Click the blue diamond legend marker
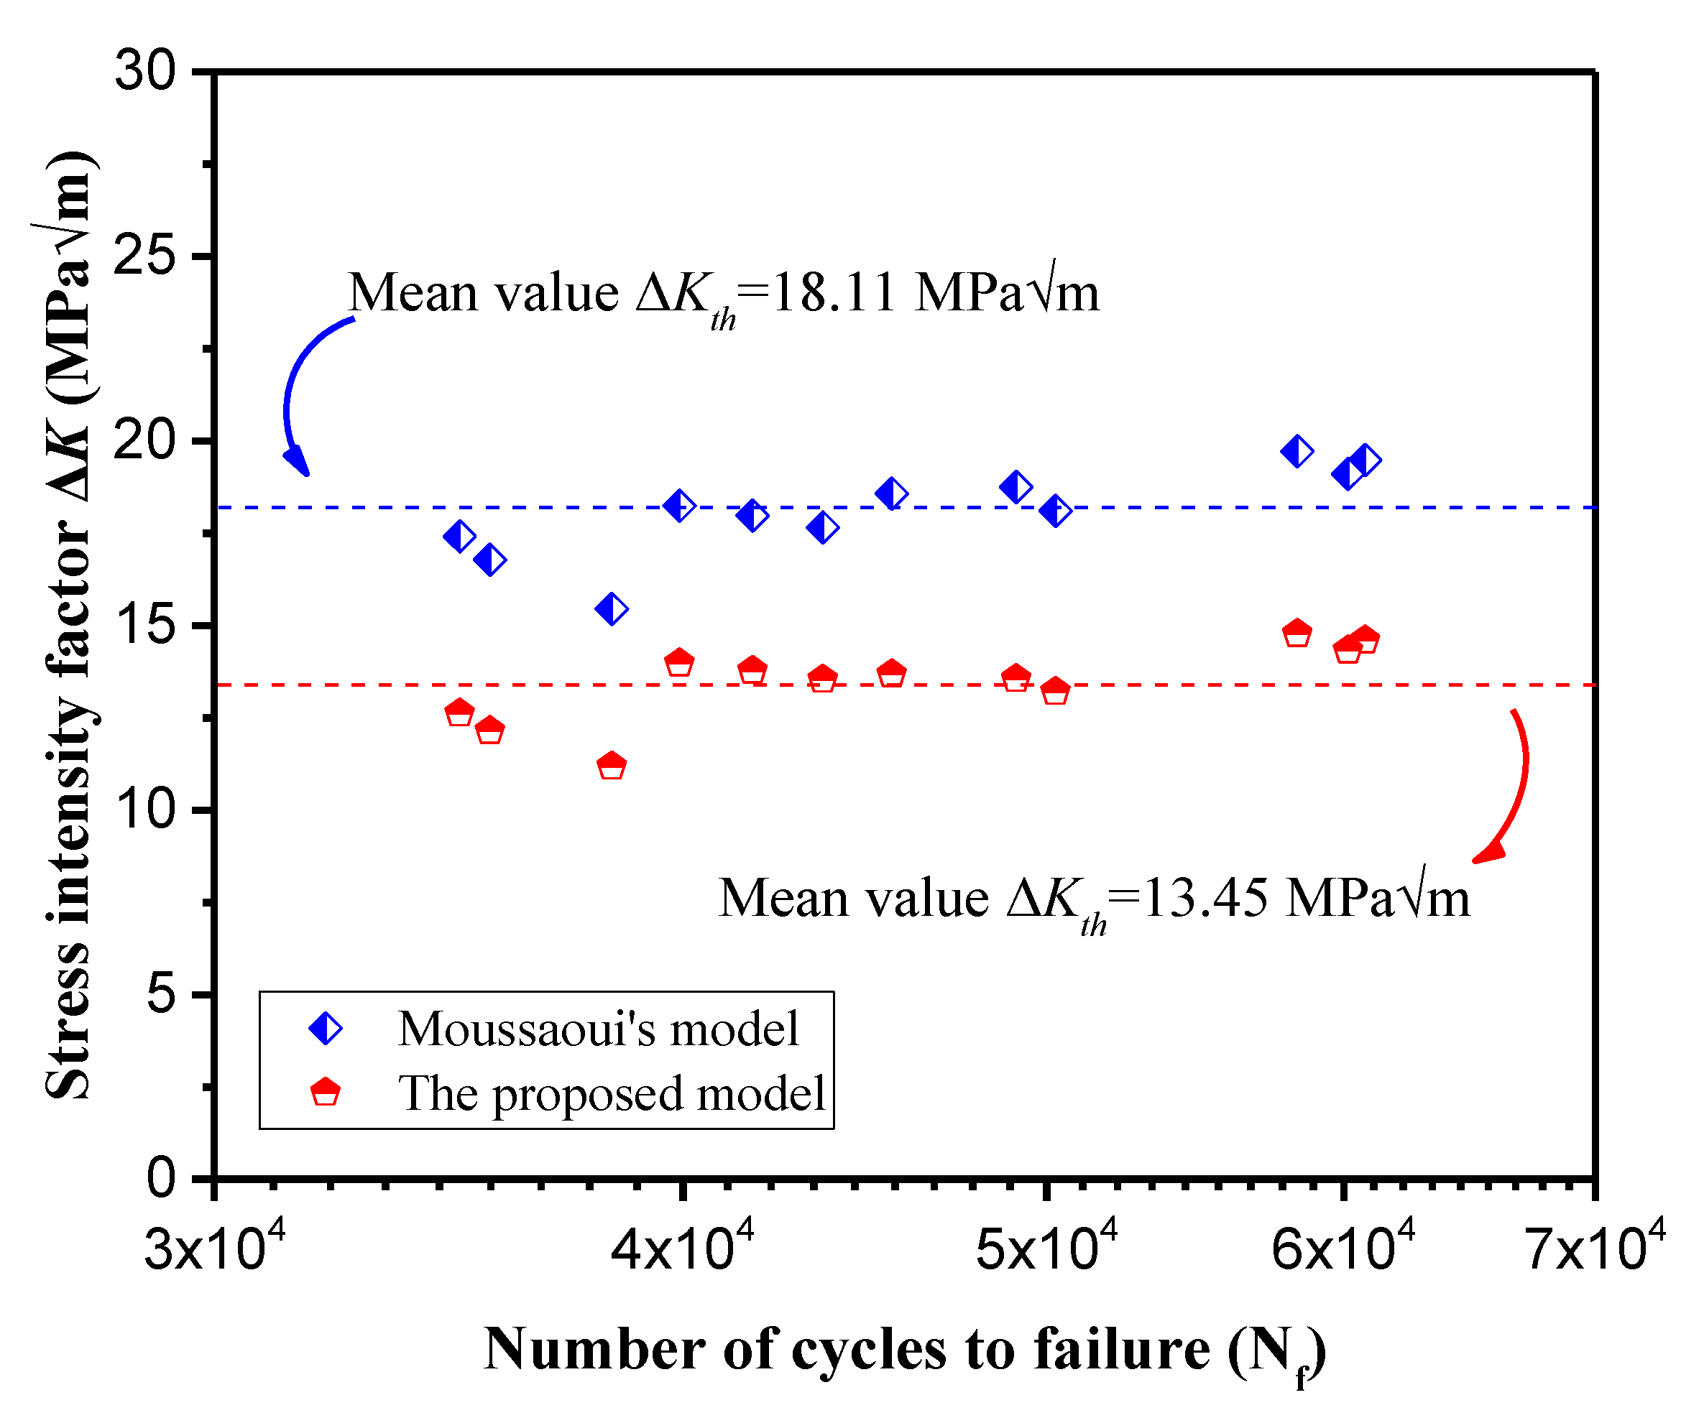tap(326, 1029)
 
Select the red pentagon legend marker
tap(326, 1092)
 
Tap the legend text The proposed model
tap(611, 1093)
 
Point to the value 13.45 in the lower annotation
tap(1205, 899)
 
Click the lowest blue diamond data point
tap(611, 608)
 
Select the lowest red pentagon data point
tap(611, 766)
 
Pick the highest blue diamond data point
tap(1297, 451)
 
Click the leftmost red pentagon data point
tap(459, 713)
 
